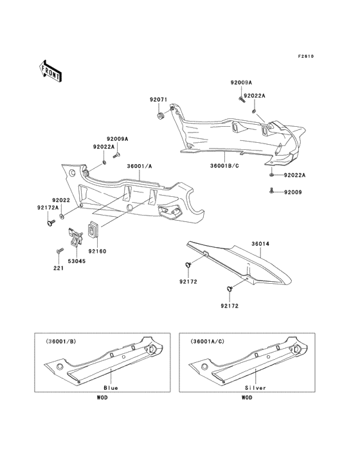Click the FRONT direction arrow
pos(51,70)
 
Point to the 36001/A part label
pos(138,166)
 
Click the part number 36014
pos(260,245)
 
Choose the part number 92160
pos(97,251)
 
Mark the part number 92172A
pos(48,208)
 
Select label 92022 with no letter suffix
pos(61,200)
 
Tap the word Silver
pos(255,389)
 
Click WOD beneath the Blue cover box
pos(102,398)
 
